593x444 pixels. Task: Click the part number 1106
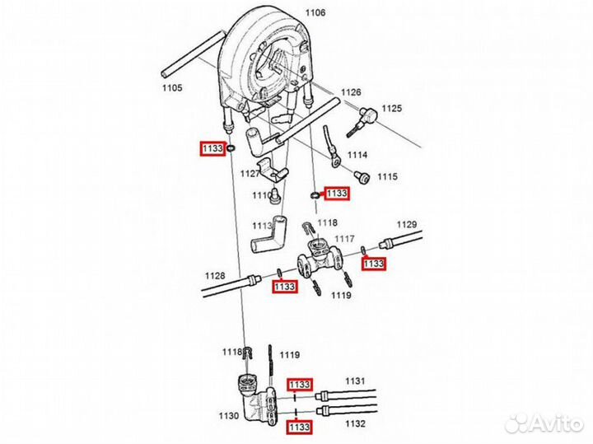click(315, 12)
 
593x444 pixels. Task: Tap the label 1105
click(171, 88)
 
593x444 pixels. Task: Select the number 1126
click(352, 92)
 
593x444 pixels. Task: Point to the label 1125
click(391, 109)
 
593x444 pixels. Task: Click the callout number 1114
click(357, 155)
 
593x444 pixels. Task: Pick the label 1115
click(387, 177)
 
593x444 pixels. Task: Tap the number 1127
click(250, 174)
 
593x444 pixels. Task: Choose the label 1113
click(262, 225)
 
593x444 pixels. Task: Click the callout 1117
click(344, 239)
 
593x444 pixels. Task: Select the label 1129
click(408, 224)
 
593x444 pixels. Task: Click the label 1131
click(354, 381)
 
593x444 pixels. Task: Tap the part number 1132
click(354, 423)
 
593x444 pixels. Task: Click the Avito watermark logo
click(544, 423)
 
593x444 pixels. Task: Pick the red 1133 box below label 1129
click(374, 264)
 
